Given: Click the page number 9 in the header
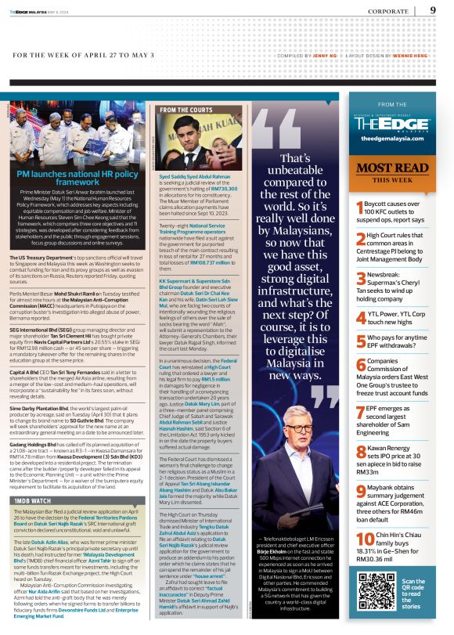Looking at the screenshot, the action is click(x=433, y=10).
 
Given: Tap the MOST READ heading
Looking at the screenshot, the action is click(x=392, y=167).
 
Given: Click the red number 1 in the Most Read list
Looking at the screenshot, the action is click(x=359, y=207).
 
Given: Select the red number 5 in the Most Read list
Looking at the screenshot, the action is click(x=359, y=341).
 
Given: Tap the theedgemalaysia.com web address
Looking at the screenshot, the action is click(x=392, y=138).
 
